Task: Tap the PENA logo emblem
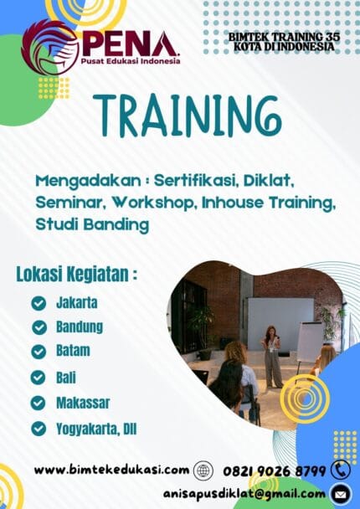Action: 51,48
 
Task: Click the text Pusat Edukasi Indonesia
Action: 130,61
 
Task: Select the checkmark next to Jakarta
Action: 39,303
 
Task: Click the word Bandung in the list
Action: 80,326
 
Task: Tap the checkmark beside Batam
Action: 39,352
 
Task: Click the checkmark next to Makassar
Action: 39,403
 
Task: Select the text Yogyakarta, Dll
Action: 96,429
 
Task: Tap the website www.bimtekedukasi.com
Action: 111,470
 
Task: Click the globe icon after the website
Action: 203,470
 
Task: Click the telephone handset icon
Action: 341,470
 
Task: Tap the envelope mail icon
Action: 341,493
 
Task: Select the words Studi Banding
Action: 92,224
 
